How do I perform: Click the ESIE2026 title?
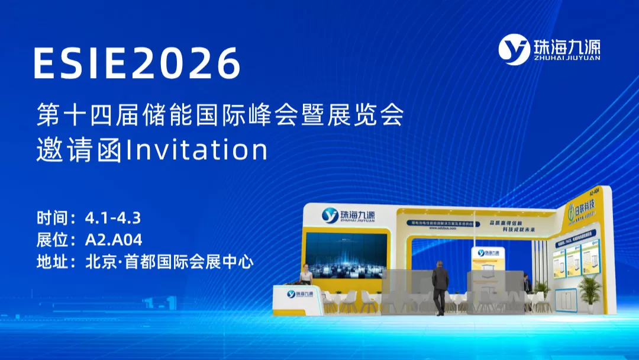click(137, 62)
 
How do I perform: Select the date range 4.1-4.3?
click(113, 218)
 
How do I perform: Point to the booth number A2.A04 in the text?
click(114, 240)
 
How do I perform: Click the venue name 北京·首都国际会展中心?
click(169, 262)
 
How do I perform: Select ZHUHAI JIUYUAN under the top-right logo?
click(566, 58)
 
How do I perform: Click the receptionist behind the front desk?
click(306, 275)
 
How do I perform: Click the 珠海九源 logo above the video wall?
click(348, 214)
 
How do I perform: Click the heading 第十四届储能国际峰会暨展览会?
click(220, 115)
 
